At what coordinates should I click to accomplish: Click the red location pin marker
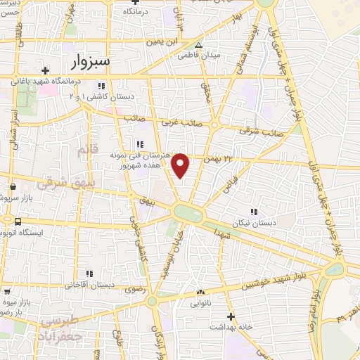point(181,165)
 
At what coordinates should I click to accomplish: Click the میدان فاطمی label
point(198,54)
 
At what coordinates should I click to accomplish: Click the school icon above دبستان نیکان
point(254,211)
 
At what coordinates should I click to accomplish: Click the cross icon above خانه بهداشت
point(231,317)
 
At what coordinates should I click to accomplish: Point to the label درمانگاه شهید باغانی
point(44,80)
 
